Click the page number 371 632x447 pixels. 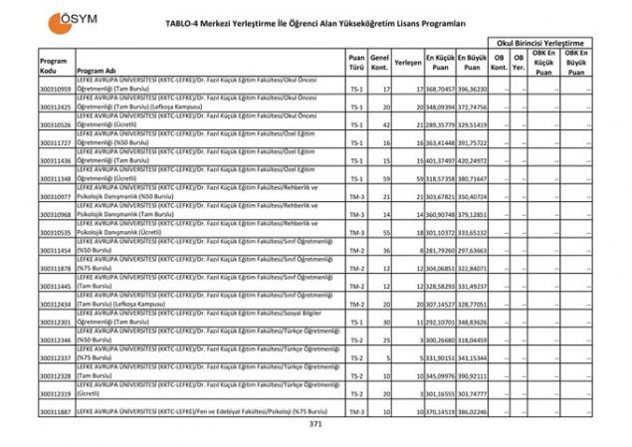[x=316, y=424]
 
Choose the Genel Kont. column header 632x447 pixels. [x=379, y=63]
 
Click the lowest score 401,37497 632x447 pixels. [x=441, y=161]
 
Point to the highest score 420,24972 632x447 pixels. [x=473, y=161]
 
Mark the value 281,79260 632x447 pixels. [x=441, y=251]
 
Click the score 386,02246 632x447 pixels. [x=473, y=412]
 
